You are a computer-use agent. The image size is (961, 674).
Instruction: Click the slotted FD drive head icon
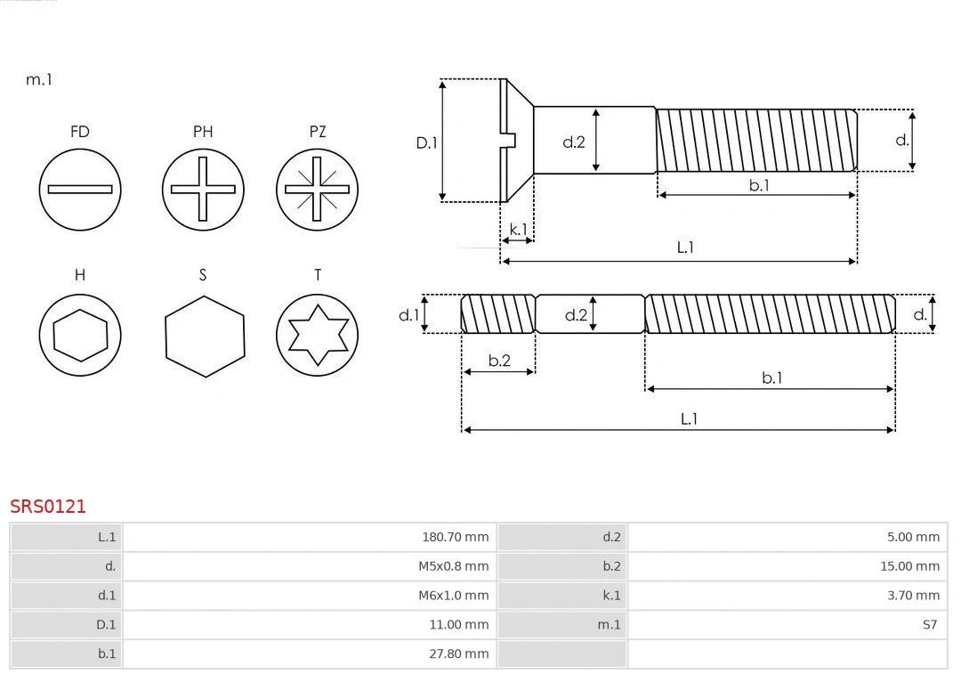80,189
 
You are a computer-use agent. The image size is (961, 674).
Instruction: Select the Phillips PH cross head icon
203,189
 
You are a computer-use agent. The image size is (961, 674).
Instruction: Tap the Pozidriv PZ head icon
317,189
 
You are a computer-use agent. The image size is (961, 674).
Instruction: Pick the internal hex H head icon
80,335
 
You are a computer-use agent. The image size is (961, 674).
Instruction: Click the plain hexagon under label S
204,336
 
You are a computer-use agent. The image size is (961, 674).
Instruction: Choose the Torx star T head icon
317,335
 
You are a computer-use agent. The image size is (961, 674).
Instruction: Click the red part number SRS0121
48,507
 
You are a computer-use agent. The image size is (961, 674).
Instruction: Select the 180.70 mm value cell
455,537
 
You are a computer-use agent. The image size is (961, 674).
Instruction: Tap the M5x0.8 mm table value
453,566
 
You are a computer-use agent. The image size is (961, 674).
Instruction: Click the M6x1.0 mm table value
453,596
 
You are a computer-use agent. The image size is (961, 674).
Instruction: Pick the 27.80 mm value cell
458,654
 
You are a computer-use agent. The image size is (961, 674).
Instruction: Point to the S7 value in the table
929,625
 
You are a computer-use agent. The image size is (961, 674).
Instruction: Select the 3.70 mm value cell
913,596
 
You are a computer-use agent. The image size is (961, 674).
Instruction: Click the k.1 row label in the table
611,596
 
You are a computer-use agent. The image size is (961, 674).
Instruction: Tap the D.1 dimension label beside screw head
427,142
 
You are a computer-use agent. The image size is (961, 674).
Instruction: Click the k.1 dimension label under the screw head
518,229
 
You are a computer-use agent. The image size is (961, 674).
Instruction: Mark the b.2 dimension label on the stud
499,361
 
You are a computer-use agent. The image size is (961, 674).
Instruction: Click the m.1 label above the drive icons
39,79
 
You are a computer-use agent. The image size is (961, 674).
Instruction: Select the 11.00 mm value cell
458,625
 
